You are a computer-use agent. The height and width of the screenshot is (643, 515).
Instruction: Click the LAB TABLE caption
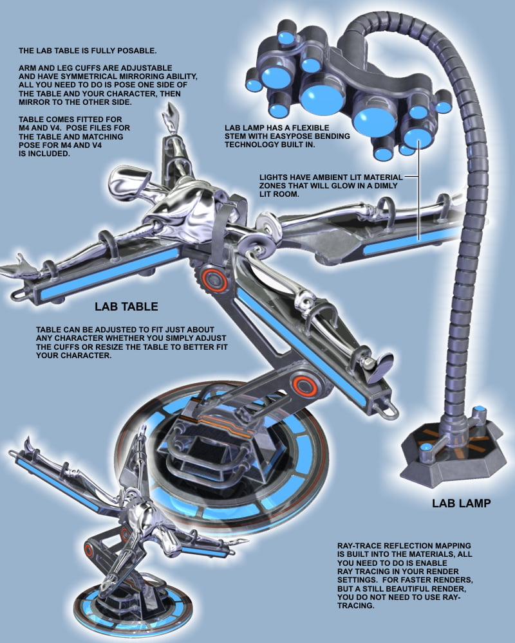tap(126, 306)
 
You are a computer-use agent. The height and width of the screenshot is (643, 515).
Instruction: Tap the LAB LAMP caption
tap(461, 503)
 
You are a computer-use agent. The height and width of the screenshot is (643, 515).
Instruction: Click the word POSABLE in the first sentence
tap(136, 51)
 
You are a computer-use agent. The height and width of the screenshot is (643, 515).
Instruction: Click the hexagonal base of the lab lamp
tap(452, 456)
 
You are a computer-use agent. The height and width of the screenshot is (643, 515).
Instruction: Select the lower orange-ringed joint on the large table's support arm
tap(304, 386)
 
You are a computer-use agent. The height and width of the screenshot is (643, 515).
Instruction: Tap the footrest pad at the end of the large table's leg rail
tap(381, 367)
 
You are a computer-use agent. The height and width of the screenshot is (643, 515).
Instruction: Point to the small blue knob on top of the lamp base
tap(479, 410)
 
